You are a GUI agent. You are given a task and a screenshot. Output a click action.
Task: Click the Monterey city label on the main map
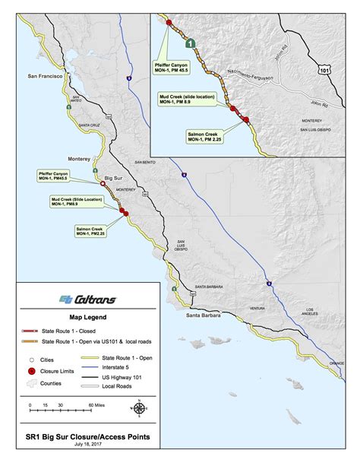(x=80, y=160)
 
